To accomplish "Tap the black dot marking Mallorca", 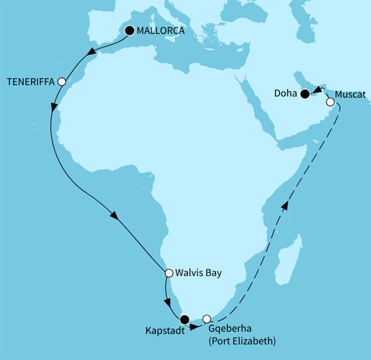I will pos(131,30).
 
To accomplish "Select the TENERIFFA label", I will pos(30,82).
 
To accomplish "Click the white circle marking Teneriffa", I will pos(62,82).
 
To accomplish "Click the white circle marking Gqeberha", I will pos(207,320).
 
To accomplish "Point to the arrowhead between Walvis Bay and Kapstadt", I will pos(168,304).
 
